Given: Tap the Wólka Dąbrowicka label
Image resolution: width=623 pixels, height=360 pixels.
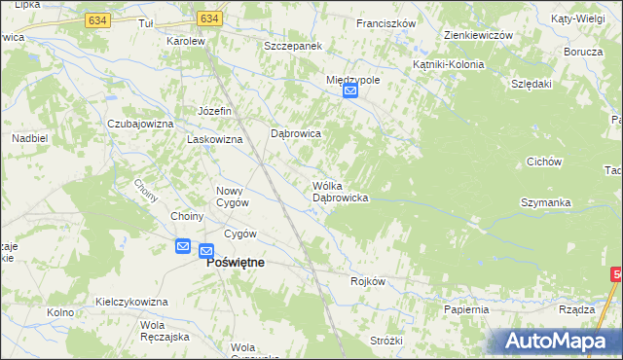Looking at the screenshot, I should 339,192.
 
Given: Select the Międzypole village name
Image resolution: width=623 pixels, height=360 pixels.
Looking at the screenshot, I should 352,80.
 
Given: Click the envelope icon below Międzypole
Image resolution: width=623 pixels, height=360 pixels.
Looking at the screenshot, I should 351,92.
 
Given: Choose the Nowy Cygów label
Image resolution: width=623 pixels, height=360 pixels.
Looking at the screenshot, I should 232,196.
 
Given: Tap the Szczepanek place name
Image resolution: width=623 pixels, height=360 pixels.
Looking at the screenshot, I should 293,46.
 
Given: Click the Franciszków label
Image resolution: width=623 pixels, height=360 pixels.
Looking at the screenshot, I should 386,22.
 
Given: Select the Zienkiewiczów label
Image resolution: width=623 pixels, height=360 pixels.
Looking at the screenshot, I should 477,34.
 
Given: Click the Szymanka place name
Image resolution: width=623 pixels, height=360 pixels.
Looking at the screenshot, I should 544,201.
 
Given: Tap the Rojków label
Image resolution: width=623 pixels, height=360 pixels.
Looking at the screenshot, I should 368,281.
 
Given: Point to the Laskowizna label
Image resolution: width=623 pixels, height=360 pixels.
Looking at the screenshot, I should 214,139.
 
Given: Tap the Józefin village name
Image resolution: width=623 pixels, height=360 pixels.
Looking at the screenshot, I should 214,111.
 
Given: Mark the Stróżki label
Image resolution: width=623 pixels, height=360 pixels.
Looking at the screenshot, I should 385,340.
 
